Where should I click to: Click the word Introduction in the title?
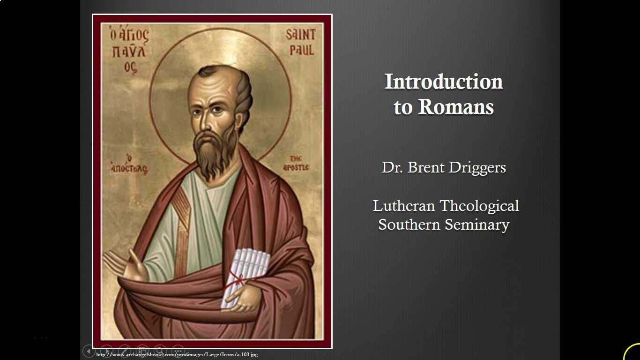[443, 82]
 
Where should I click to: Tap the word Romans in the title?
[456, 107]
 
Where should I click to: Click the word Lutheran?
[403, 206]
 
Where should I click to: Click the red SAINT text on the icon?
[301, 35]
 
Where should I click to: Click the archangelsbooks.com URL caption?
[177, 355]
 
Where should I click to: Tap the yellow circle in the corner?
[633, 352]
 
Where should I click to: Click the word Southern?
[409, 225]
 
